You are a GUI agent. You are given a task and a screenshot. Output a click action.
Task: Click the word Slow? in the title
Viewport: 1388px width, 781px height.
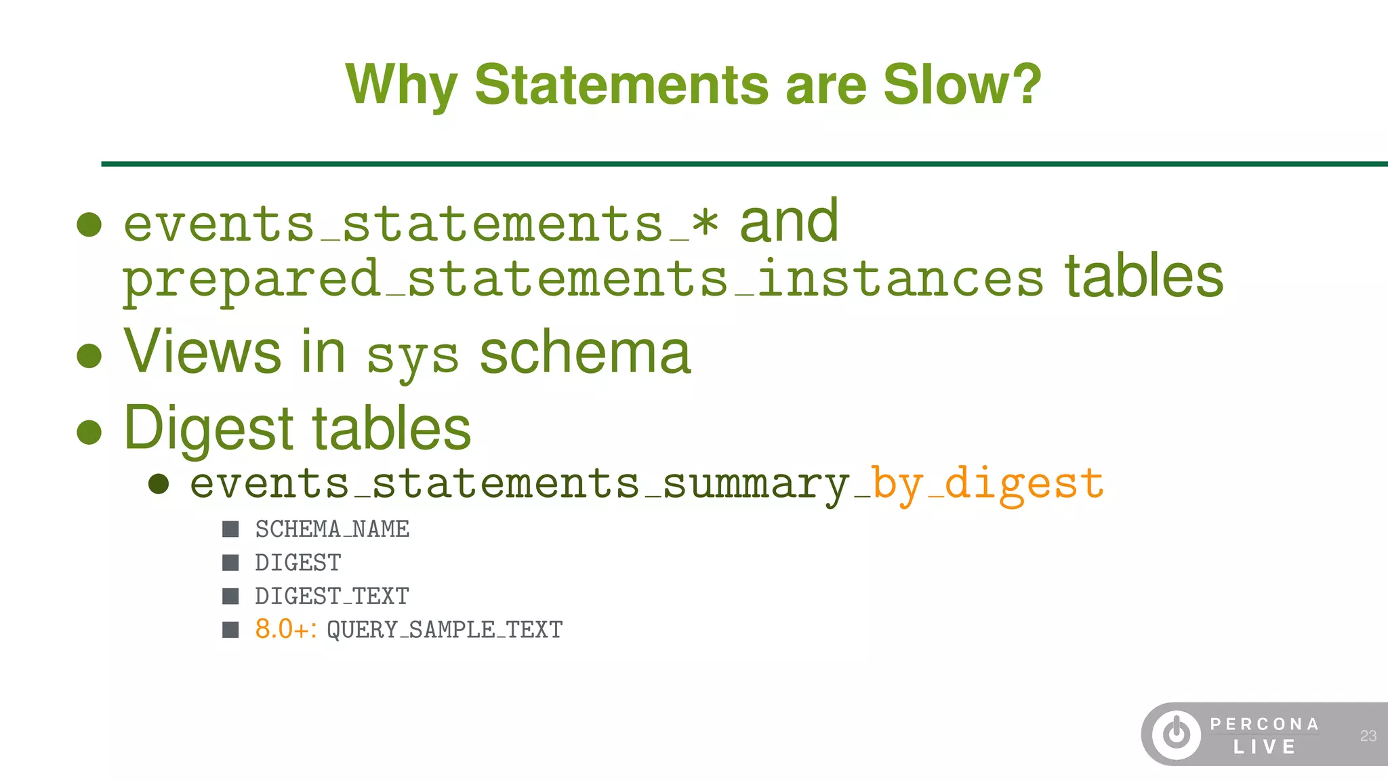click(x=962, y=85)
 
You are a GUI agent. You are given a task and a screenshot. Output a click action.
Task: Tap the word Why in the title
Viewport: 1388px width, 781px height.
click(x=401, y=86)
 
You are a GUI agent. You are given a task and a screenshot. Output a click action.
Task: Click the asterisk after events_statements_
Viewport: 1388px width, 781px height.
click(x=705, y=224)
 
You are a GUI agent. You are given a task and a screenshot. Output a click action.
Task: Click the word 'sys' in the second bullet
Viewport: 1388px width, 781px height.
click(x=412, y=357)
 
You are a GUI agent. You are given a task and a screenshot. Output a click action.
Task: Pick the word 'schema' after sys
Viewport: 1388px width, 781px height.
click(x=585, y=353)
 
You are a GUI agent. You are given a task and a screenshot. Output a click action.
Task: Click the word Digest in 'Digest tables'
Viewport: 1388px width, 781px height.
click(x=209, y=428)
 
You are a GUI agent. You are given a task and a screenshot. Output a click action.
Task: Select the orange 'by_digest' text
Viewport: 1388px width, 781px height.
click(x=987, y=484)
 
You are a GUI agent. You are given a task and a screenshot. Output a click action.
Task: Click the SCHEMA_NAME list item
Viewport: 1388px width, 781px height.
click(x=332, y=529)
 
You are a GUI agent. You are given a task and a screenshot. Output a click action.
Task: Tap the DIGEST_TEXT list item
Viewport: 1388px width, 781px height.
click(x=332, y=597)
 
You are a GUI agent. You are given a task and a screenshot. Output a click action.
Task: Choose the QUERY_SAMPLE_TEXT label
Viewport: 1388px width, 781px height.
click(x=445, y=630)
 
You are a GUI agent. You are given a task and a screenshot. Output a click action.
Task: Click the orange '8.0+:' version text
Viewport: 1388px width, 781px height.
click(x=285, y=630)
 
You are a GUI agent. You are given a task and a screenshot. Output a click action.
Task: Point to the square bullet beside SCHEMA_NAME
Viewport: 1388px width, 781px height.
click(x=230, y=529)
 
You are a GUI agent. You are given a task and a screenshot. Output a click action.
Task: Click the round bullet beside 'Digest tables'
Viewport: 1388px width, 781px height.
click(x=89, y=431)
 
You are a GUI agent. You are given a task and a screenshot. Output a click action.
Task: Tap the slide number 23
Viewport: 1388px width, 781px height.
click(x=1368, y=736)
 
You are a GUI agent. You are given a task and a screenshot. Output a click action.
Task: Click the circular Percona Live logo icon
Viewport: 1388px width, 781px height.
click(x=1177, y=734)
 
